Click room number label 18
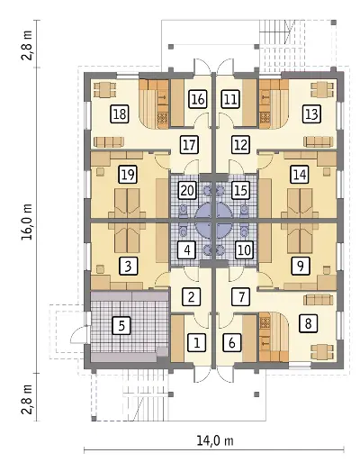(120, 114)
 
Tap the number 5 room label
(121, 325)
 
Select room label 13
(311, 114)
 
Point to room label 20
(188, 190)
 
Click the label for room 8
(308, 323)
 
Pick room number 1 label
(197, 342)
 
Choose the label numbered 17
(190, 144)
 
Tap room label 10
(244, 250)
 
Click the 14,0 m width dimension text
(215, 441)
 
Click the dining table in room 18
(104, 90)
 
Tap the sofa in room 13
(319, 141)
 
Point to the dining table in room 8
(322, 352)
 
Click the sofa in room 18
(108, 141)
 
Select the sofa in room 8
(319, 300)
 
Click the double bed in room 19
(127, 204)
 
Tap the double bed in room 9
(300, 238)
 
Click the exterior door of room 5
(78, 333)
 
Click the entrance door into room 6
(226, 375)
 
